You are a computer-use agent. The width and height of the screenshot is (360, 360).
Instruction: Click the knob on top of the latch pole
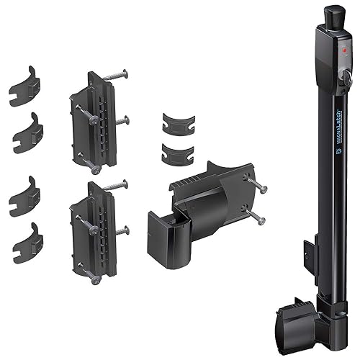(x=332, y=14)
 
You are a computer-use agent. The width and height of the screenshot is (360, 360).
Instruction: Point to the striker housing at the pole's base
(x=297, y=315)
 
